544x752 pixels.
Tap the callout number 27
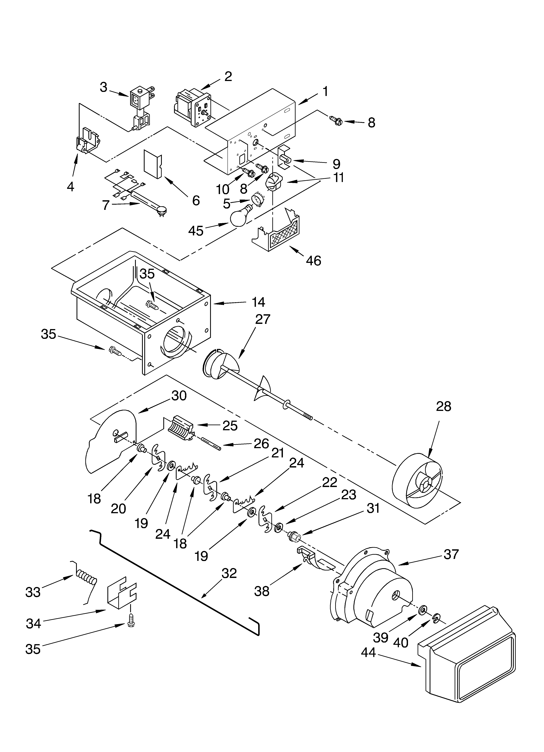tap(263, 319)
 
